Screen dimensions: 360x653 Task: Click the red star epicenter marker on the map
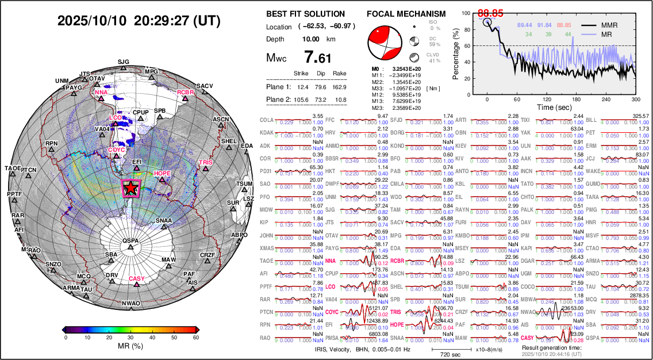131,187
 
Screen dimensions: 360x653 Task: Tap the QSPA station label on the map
130,240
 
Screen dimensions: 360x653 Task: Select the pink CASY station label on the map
137,279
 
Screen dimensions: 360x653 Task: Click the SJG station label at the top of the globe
124,61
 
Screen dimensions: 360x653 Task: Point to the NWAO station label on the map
131,303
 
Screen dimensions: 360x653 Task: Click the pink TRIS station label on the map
205,163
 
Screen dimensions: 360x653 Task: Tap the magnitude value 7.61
318,58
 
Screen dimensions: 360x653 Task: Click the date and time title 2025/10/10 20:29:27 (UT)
139,21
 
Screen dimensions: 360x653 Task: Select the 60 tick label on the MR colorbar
196,339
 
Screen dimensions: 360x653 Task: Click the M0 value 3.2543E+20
404,68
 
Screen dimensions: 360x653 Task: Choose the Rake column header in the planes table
340,74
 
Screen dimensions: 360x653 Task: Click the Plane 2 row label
279,100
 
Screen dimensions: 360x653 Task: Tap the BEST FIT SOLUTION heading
306,14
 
